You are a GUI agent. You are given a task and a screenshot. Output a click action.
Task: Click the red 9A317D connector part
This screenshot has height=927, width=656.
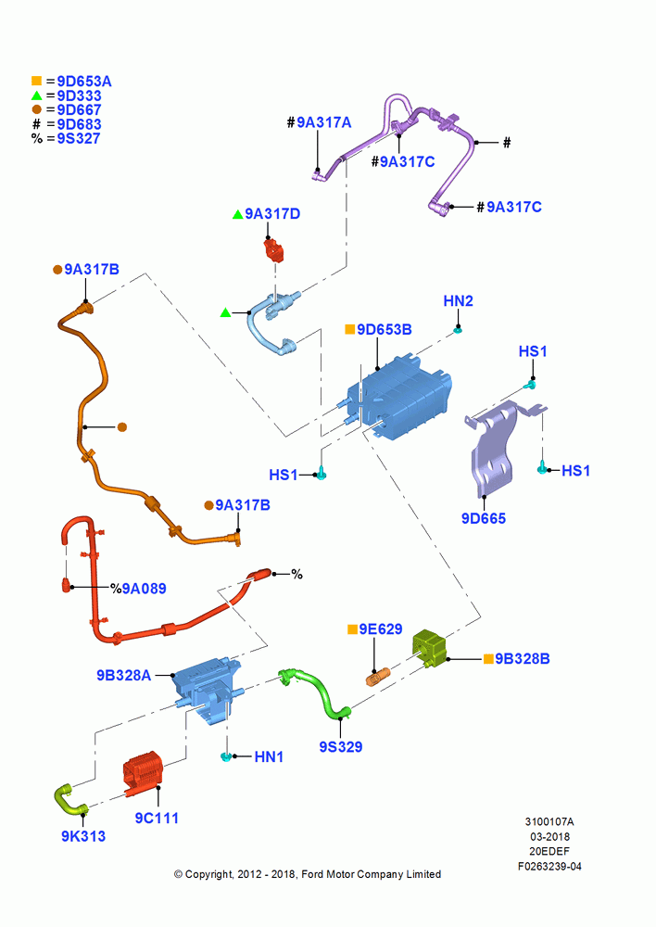[x=273, y=249]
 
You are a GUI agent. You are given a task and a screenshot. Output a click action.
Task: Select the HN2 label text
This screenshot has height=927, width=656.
[x=458, y=301]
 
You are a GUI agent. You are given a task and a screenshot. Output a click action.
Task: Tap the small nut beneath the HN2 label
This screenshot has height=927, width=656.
[x=458, y=329]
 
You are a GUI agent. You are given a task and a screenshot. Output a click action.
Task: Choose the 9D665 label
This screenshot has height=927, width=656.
[x=484, y=518]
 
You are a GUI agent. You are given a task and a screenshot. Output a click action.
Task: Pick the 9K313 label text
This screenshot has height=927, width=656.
[x=83, y=836]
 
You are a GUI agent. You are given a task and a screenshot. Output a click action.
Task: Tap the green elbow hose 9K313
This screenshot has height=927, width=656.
[x=69, y=799]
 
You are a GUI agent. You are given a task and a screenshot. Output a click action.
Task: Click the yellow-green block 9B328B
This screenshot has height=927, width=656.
[x=430, y=647]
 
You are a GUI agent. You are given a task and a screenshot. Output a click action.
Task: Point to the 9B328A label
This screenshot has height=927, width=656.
[x=124, y=675]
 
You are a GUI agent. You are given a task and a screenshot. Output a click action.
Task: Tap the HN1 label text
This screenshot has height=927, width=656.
[x=269, y=756]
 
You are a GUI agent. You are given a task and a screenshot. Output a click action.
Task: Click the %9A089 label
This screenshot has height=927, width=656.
[x=138, y=589]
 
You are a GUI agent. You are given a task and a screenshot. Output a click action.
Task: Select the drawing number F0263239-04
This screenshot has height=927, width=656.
[x=549, y=866]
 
